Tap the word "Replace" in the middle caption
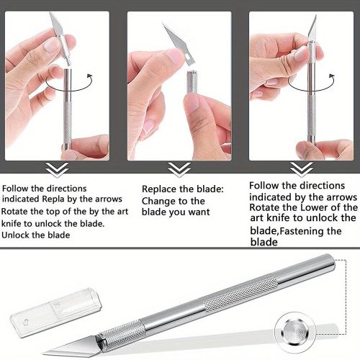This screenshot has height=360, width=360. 159,189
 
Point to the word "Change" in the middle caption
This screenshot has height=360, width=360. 157,202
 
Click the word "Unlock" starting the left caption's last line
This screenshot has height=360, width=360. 15,235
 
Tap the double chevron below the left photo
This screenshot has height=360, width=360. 57,170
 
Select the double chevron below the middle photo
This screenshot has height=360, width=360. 179,170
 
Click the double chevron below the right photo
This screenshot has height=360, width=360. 302,170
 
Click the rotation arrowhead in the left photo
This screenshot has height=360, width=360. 90,76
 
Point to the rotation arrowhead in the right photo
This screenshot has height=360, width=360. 332,76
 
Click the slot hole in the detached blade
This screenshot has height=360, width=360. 188,57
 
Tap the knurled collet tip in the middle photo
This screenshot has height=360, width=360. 192,82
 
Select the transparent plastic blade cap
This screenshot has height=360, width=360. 56,312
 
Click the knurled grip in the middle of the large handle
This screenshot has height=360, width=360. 240,294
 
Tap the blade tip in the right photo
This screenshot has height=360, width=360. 316,16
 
